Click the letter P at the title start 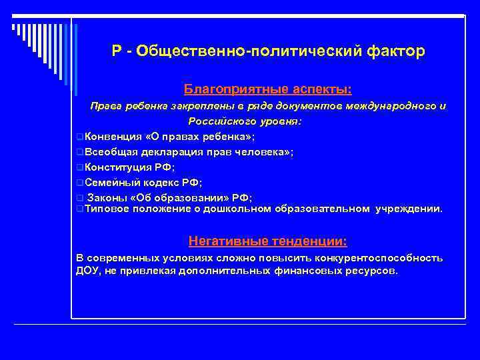click(117, 52)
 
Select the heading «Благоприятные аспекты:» click(268, 89)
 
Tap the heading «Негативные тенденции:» click(268, 241)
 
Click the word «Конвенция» click(113, 137)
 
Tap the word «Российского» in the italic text click(219, 121)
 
